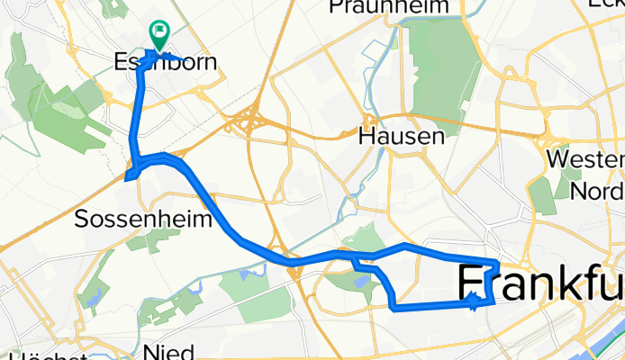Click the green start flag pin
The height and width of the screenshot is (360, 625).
point(159,35)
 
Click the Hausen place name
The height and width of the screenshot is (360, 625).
point(402,137)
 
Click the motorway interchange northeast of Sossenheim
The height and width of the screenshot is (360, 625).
point(249,123)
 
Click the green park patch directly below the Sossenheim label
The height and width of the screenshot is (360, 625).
point(159,238)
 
